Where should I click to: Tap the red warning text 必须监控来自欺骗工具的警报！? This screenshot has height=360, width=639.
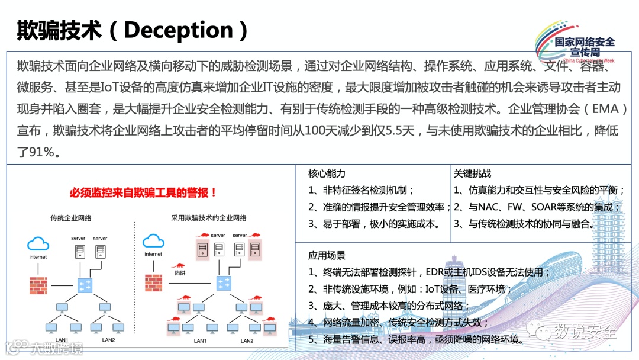(x=143, y=192)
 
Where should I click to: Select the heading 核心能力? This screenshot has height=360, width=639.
(x=327, y=173)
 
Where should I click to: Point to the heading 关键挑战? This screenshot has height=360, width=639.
(x=472, y=173)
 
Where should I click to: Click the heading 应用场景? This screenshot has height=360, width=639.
(x=327, y=256)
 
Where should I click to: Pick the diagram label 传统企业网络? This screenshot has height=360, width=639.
(x=75, y=218)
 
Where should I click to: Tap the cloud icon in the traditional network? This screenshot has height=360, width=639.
(x=38, y=243)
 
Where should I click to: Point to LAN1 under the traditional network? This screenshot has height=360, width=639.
(x=62, y=340)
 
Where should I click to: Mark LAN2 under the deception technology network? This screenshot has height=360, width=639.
(x=247, y=341)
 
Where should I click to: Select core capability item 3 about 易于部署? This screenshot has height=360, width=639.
(x=374, y=224)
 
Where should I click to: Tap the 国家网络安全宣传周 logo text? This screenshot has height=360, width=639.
(x=585, y=46)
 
